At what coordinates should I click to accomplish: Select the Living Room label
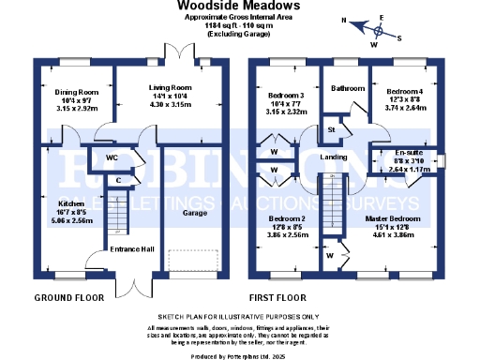pos(169,87)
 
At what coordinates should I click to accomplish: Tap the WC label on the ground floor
pos(111,157)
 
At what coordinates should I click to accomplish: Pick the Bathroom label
pos(348,88)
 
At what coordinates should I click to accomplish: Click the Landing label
pos(334,157)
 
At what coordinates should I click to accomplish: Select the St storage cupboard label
pos(331,128)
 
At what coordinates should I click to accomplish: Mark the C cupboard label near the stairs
pos(117,178)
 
